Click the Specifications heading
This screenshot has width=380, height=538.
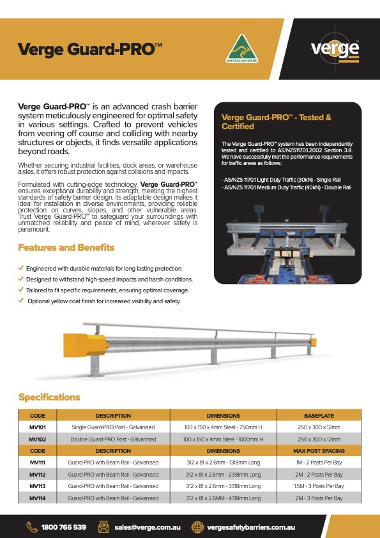[x=49, y=397]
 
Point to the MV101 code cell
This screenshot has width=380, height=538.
[x=38, y=427]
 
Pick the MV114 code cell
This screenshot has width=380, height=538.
[x=38, y=498]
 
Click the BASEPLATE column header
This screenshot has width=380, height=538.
[x=319, y=416]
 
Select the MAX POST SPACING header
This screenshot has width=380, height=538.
[x=319, y=450]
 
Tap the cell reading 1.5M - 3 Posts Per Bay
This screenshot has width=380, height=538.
[x=319, y=486]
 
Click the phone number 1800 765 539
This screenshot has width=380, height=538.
[x=63, y=527]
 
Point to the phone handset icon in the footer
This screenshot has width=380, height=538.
[x=31, y=527]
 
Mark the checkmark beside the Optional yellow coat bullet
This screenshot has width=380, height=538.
[x=22, y=301]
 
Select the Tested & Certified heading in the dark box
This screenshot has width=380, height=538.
[x=276, y=122]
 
